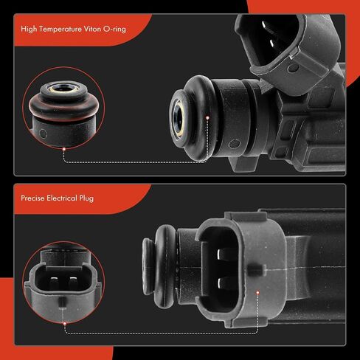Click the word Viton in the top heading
tap(92, 29)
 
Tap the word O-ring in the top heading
tap(114, 30)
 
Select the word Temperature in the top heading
tap(60, 30)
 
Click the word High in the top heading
tap(29, 30)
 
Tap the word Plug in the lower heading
tap(86, 198)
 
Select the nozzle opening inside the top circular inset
tap(64, 88)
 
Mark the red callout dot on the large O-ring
tap(207, 118)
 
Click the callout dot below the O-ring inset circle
tap(64, 149)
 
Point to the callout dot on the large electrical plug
tap(257, 293)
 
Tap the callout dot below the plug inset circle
tap(64, 324)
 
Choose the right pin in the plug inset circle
tap(73, 283)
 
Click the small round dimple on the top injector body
tap(234, 144)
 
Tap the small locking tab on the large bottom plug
tap(257, 269)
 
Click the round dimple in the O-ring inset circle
tap(44, 134)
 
